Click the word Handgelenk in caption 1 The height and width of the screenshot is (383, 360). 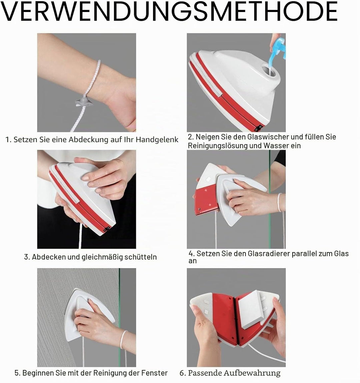(157, 140)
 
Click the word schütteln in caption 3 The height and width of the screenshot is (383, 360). (141, 257)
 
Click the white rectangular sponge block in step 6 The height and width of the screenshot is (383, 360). (252, 309)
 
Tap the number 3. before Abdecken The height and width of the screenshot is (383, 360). (27, 257)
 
